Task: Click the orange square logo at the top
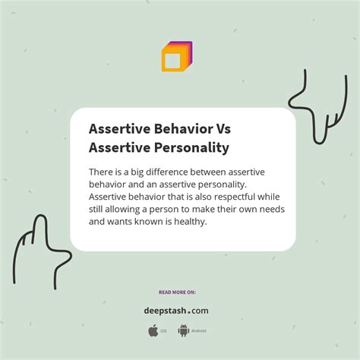(x=176, y=57)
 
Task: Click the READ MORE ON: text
(x=176, y=292)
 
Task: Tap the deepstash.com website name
(x=176, y=310)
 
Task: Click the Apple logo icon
(x=153, y=330)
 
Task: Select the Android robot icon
(x=183, y=330)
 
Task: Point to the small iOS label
(x=164, y=331)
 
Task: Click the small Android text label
(x=198, y=331)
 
